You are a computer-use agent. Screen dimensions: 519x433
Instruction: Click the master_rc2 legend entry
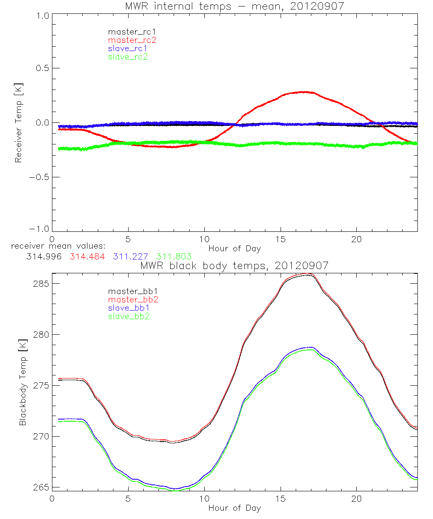click(132, 40)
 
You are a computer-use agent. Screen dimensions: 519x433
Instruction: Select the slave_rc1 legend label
click(128, 48)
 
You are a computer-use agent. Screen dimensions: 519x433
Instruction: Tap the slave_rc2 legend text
click(128, 57)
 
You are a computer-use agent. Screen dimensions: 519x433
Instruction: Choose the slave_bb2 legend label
click(128, 317)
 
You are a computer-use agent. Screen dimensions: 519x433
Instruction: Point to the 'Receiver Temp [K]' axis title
click(19, 122)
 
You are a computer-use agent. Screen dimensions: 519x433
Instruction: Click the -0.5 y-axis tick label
click(39, 177)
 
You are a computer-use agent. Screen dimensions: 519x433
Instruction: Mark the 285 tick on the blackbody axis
click(41, 284)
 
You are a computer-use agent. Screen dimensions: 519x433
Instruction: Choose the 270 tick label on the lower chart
click(41, 436)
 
